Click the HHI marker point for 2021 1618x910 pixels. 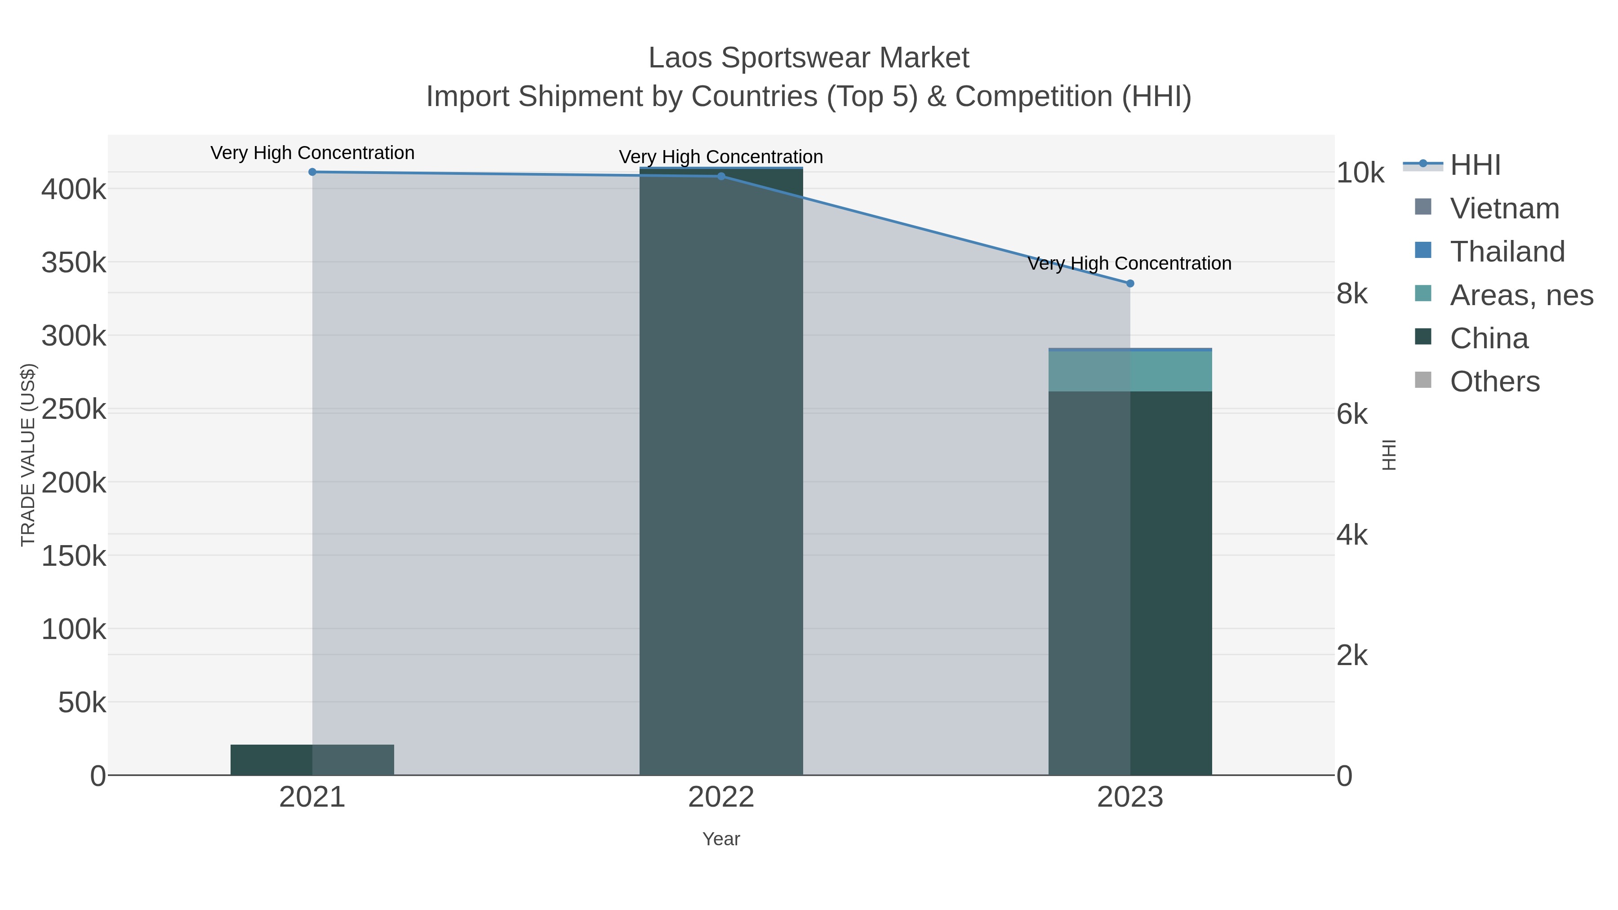[312, 172]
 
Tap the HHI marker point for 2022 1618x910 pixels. [721, 177]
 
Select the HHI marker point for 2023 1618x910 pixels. [1130, 283]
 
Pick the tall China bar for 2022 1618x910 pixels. [721, 471]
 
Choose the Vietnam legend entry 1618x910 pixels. [1504, 209]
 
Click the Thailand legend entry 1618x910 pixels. [1507, 251]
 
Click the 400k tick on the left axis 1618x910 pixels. [74, 189]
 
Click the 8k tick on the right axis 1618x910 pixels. [1351, 293]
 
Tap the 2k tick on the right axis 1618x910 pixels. [1351, 656]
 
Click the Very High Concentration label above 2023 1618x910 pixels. [1129, 263]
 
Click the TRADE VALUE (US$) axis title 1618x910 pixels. [28, 455]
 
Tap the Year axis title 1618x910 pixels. [721, 839]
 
